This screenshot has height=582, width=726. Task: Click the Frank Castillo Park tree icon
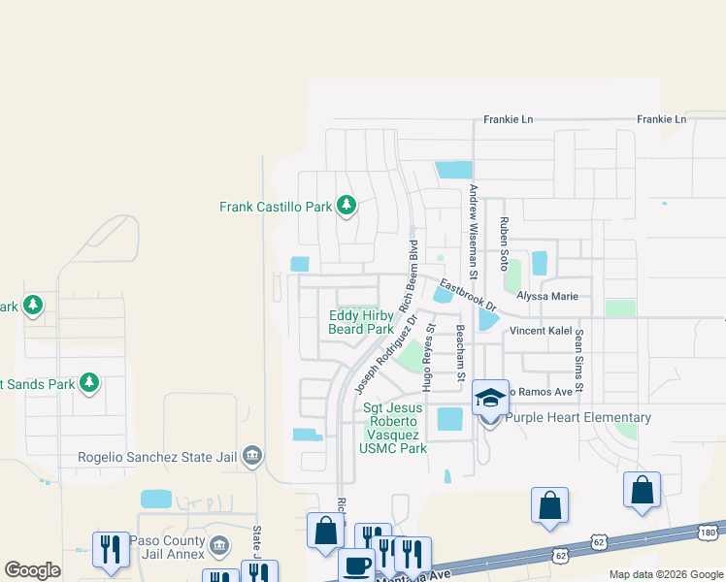[346, 206]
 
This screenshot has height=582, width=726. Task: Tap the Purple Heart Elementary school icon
[490, 398]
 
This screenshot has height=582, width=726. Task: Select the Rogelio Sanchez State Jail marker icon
[252, 455]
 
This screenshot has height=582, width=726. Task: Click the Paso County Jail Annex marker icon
[219, 546]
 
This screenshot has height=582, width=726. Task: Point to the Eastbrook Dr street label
[468, 297]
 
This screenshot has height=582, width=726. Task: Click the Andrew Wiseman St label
[473, 226]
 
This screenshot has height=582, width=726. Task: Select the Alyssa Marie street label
[546, 296]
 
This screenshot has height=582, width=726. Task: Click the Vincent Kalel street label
[541, 331]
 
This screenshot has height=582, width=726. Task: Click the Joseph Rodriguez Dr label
[386, 353]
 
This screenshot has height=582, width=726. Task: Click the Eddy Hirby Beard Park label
[361, 322]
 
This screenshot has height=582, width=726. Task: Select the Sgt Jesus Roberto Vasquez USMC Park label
[394, 429]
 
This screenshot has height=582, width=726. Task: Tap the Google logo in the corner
[32, 570]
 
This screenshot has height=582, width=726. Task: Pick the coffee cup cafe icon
[355, 565]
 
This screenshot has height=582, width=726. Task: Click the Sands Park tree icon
[89, 383]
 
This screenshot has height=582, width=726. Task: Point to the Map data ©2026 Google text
[665, 574]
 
